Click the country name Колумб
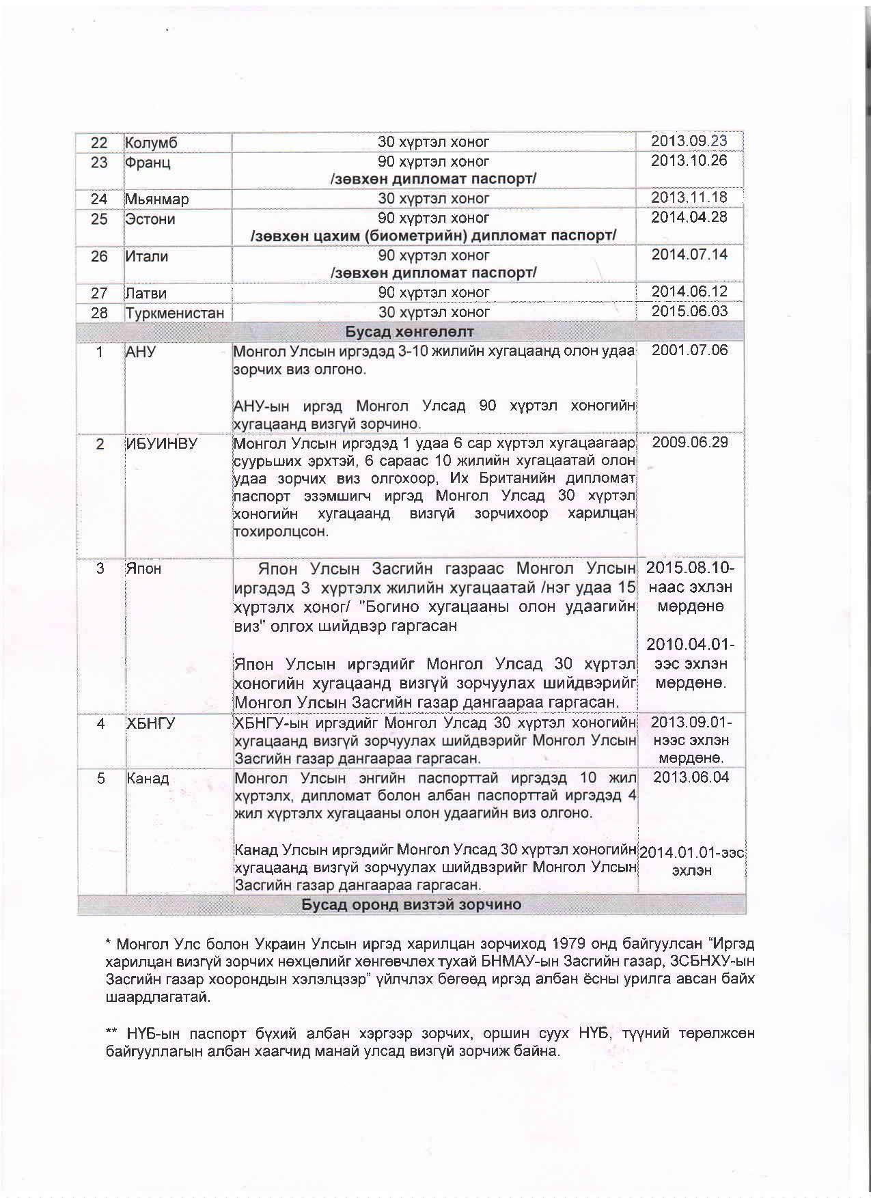coord(151,143)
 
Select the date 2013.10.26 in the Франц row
coord(689,161)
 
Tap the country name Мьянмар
coord(157,199)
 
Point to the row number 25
coord(100,219)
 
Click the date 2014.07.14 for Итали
coord(689,255)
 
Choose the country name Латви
coord(146,294)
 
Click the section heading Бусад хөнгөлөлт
coord(409,333)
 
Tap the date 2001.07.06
coord(690,351)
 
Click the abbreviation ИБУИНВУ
coord(162,444)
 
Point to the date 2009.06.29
coord(690,443)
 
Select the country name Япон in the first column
coord(143,569)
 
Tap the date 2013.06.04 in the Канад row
coord(691,778)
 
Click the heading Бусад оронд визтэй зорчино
coord(411,905)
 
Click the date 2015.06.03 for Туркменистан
coord(689,312)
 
